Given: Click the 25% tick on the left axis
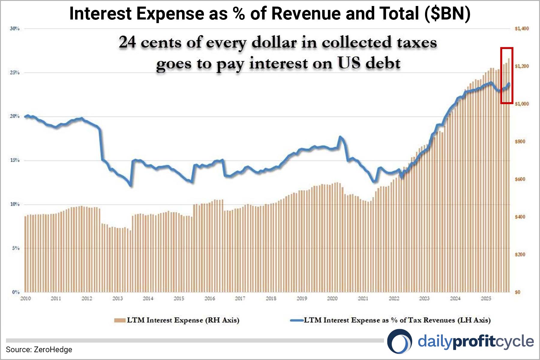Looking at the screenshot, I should coord(14,73).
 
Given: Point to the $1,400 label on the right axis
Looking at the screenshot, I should coord(522,28).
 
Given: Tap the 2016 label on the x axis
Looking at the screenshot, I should coord(210,298).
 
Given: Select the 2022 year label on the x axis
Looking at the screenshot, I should coord(394,298).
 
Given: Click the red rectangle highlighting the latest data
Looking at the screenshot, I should coord(507,75).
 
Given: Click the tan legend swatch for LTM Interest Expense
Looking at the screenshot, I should coord(120,320).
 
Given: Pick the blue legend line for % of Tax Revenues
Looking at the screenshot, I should coord(297,320).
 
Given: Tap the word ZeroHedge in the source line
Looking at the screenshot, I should coord(53,349).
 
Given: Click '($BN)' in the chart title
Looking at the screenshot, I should coord(447,14).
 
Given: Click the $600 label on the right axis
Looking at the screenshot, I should coord(520,179).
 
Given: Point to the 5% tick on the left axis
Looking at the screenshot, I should coord(16,248).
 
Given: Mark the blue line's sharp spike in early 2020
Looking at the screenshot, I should coord(340,137).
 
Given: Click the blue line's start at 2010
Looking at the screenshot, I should coord(25,116).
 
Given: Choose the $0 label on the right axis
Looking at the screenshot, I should coord(517,292).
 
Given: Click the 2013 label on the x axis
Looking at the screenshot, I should coord(118,298).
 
